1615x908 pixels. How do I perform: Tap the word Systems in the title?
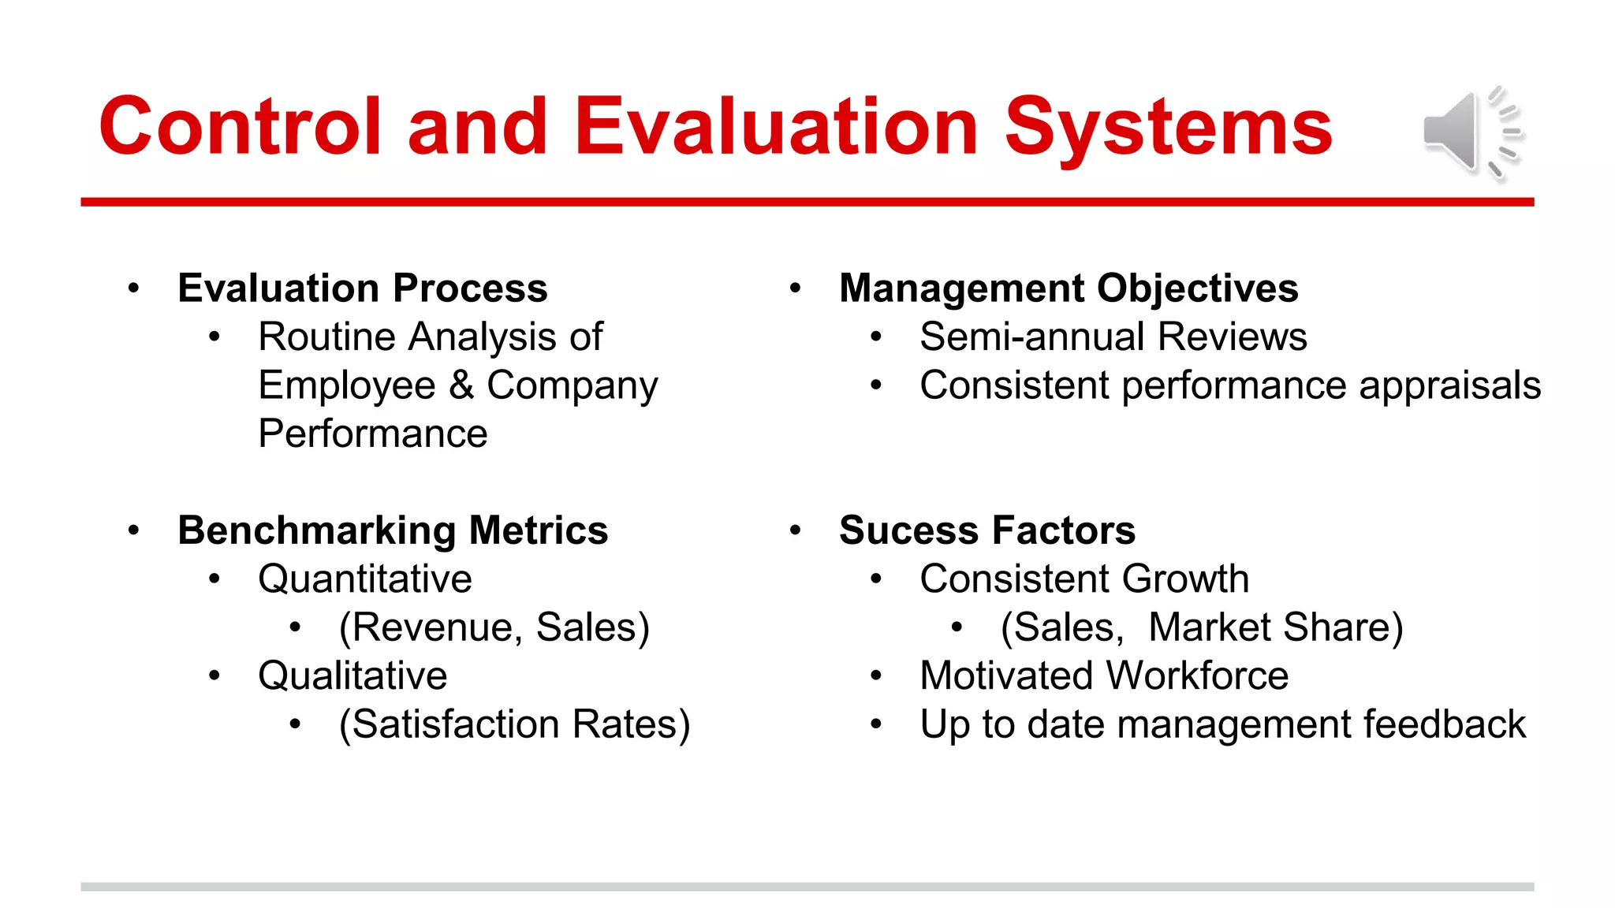coord(1168,127)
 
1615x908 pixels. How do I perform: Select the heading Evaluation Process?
coord(362,288)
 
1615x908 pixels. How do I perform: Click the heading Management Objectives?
coord(1068,288)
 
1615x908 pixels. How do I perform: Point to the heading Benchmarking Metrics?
coord(393,530)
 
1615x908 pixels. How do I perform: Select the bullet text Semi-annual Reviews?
coord(1113,337)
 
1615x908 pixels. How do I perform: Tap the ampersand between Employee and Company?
coord(461,386)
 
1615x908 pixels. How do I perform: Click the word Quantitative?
coord(365,579)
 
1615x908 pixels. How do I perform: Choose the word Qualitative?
coord(352,676)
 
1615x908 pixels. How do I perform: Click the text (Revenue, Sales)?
coord(494,628)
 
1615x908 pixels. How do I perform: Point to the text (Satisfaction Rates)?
coord(514,725)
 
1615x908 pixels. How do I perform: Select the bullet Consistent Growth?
coord(1084,579)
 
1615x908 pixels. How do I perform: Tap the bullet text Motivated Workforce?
coord(1104,676)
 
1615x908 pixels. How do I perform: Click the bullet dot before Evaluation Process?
coord(134,288)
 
